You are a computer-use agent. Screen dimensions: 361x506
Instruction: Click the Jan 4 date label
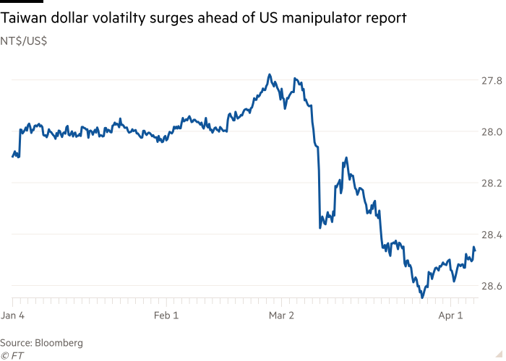click(14, 316)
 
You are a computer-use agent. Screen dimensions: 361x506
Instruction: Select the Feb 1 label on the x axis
click(168, 316)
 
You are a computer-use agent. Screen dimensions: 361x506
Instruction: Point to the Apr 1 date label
click(450, 316)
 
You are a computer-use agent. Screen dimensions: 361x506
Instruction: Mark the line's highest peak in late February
click(270, 74)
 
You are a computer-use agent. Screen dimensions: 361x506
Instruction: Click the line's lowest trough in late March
click(422, 297)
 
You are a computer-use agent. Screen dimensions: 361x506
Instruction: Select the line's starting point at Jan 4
click(13, 155)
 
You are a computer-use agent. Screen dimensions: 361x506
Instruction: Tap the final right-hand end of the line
click(475, 251)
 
